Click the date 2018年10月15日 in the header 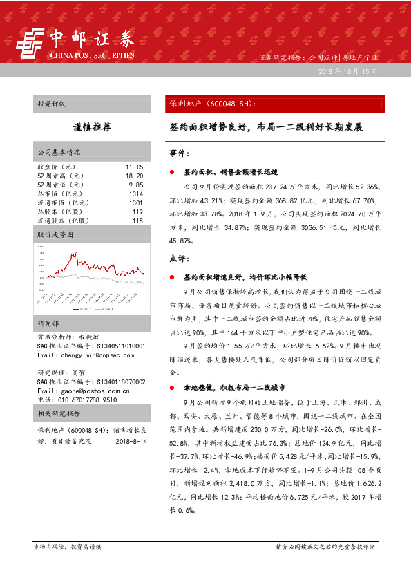[x=349, y=72]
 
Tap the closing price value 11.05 [x=134, y=167]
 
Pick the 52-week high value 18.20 [x=134, y=176]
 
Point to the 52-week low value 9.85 [x=135, y=185]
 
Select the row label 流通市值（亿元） [x=64, y=203]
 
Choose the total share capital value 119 [x=137, y=212]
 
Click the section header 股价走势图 [x=55, y=235]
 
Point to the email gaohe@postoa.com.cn [x=79, y=391]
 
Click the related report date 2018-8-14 [x=129, y=440]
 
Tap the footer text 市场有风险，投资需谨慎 [x=67, y=546]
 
